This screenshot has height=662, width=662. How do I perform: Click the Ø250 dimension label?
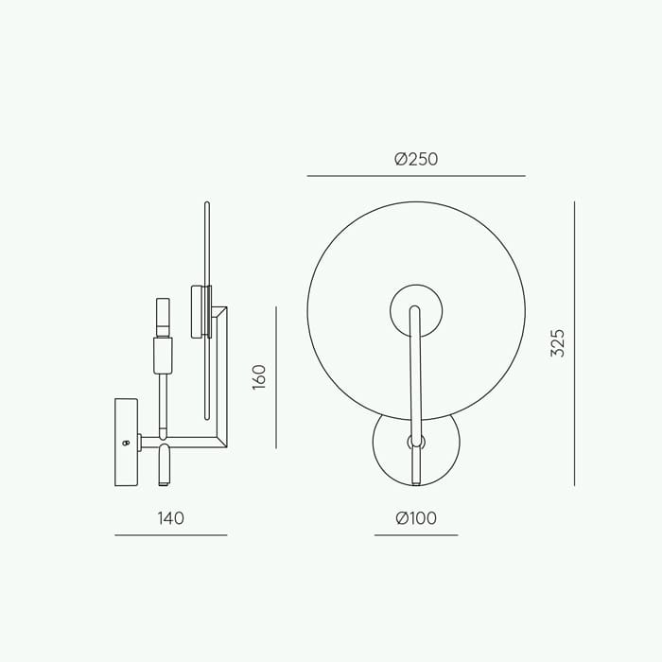point(416,159)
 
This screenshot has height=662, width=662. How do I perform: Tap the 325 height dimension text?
point(558,342)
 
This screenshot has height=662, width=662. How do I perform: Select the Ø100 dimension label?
point(416,518)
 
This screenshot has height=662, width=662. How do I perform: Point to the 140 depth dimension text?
point(171,518)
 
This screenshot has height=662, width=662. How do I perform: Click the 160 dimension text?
point(259,377)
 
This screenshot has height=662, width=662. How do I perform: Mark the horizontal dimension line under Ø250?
point(416,176)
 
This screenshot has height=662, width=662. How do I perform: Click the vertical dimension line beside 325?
point(574,343)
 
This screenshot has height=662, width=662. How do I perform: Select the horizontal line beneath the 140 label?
point(171,535)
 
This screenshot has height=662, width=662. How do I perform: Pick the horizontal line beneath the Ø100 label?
point(416,535)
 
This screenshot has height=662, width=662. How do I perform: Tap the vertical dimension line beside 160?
point(276,377)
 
